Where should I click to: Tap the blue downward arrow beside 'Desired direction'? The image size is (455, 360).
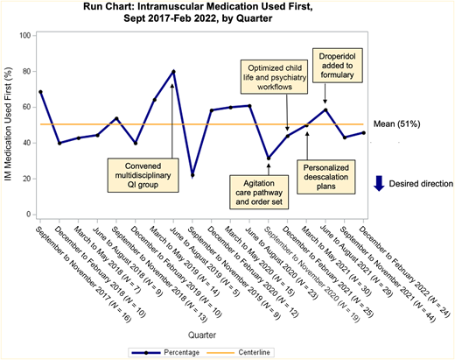click(379, 183)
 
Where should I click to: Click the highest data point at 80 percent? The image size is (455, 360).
click(173, 72)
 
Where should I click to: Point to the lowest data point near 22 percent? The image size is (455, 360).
click(192, 175)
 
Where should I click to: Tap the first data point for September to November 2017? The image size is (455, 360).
click(40, 92)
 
